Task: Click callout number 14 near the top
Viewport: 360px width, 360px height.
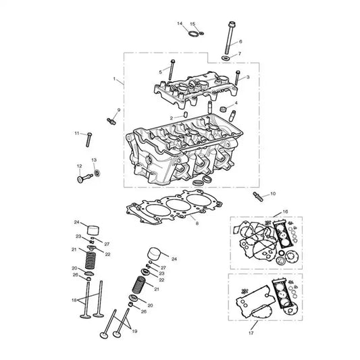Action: [180, 24]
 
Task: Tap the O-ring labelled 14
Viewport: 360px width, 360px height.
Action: [193, 34]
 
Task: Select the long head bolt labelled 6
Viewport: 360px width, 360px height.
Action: [230, 37]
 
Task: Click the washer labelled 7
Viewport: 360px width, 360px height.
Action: [226, 58]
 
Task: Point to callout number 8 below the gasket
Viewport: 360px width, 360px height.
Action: [197, 223]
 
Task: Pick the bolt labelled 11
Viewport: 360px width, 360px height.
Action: [89, 140]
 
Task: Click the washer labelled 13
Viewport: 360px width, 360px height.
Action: [97, 172]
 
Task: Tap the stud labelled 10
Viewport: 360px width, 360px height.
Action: [258, 197]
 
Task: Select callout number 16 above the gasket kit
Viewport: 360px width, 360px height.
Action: [285, 211]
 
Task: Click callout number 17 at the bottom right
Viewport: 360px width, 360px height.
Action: [251, 333]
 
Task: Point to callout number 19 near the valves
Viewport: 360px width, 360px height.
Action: [134, 331]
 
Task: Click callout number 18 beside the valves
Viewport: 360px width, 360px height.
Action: [74, 300]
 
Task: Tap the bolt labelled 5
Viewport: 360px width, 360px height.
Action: [172, 70]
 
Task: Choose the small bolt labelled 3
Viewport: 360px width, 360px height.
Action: [237, 78]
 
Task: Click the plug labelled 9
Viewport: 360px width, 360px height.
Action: [111, 120]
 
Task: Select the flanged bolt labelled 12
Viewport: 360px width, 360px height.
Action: [84, 178]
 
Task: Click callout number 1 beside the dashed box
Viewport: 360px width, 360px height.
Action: [114, 79]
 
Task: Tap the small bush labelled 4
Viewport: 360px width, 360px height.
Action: [224, 109]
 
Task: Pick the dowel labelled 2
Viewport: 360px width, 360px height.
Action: [186, 114]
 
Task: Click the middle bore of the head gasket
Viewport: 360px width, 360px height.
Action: [178, 205]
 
